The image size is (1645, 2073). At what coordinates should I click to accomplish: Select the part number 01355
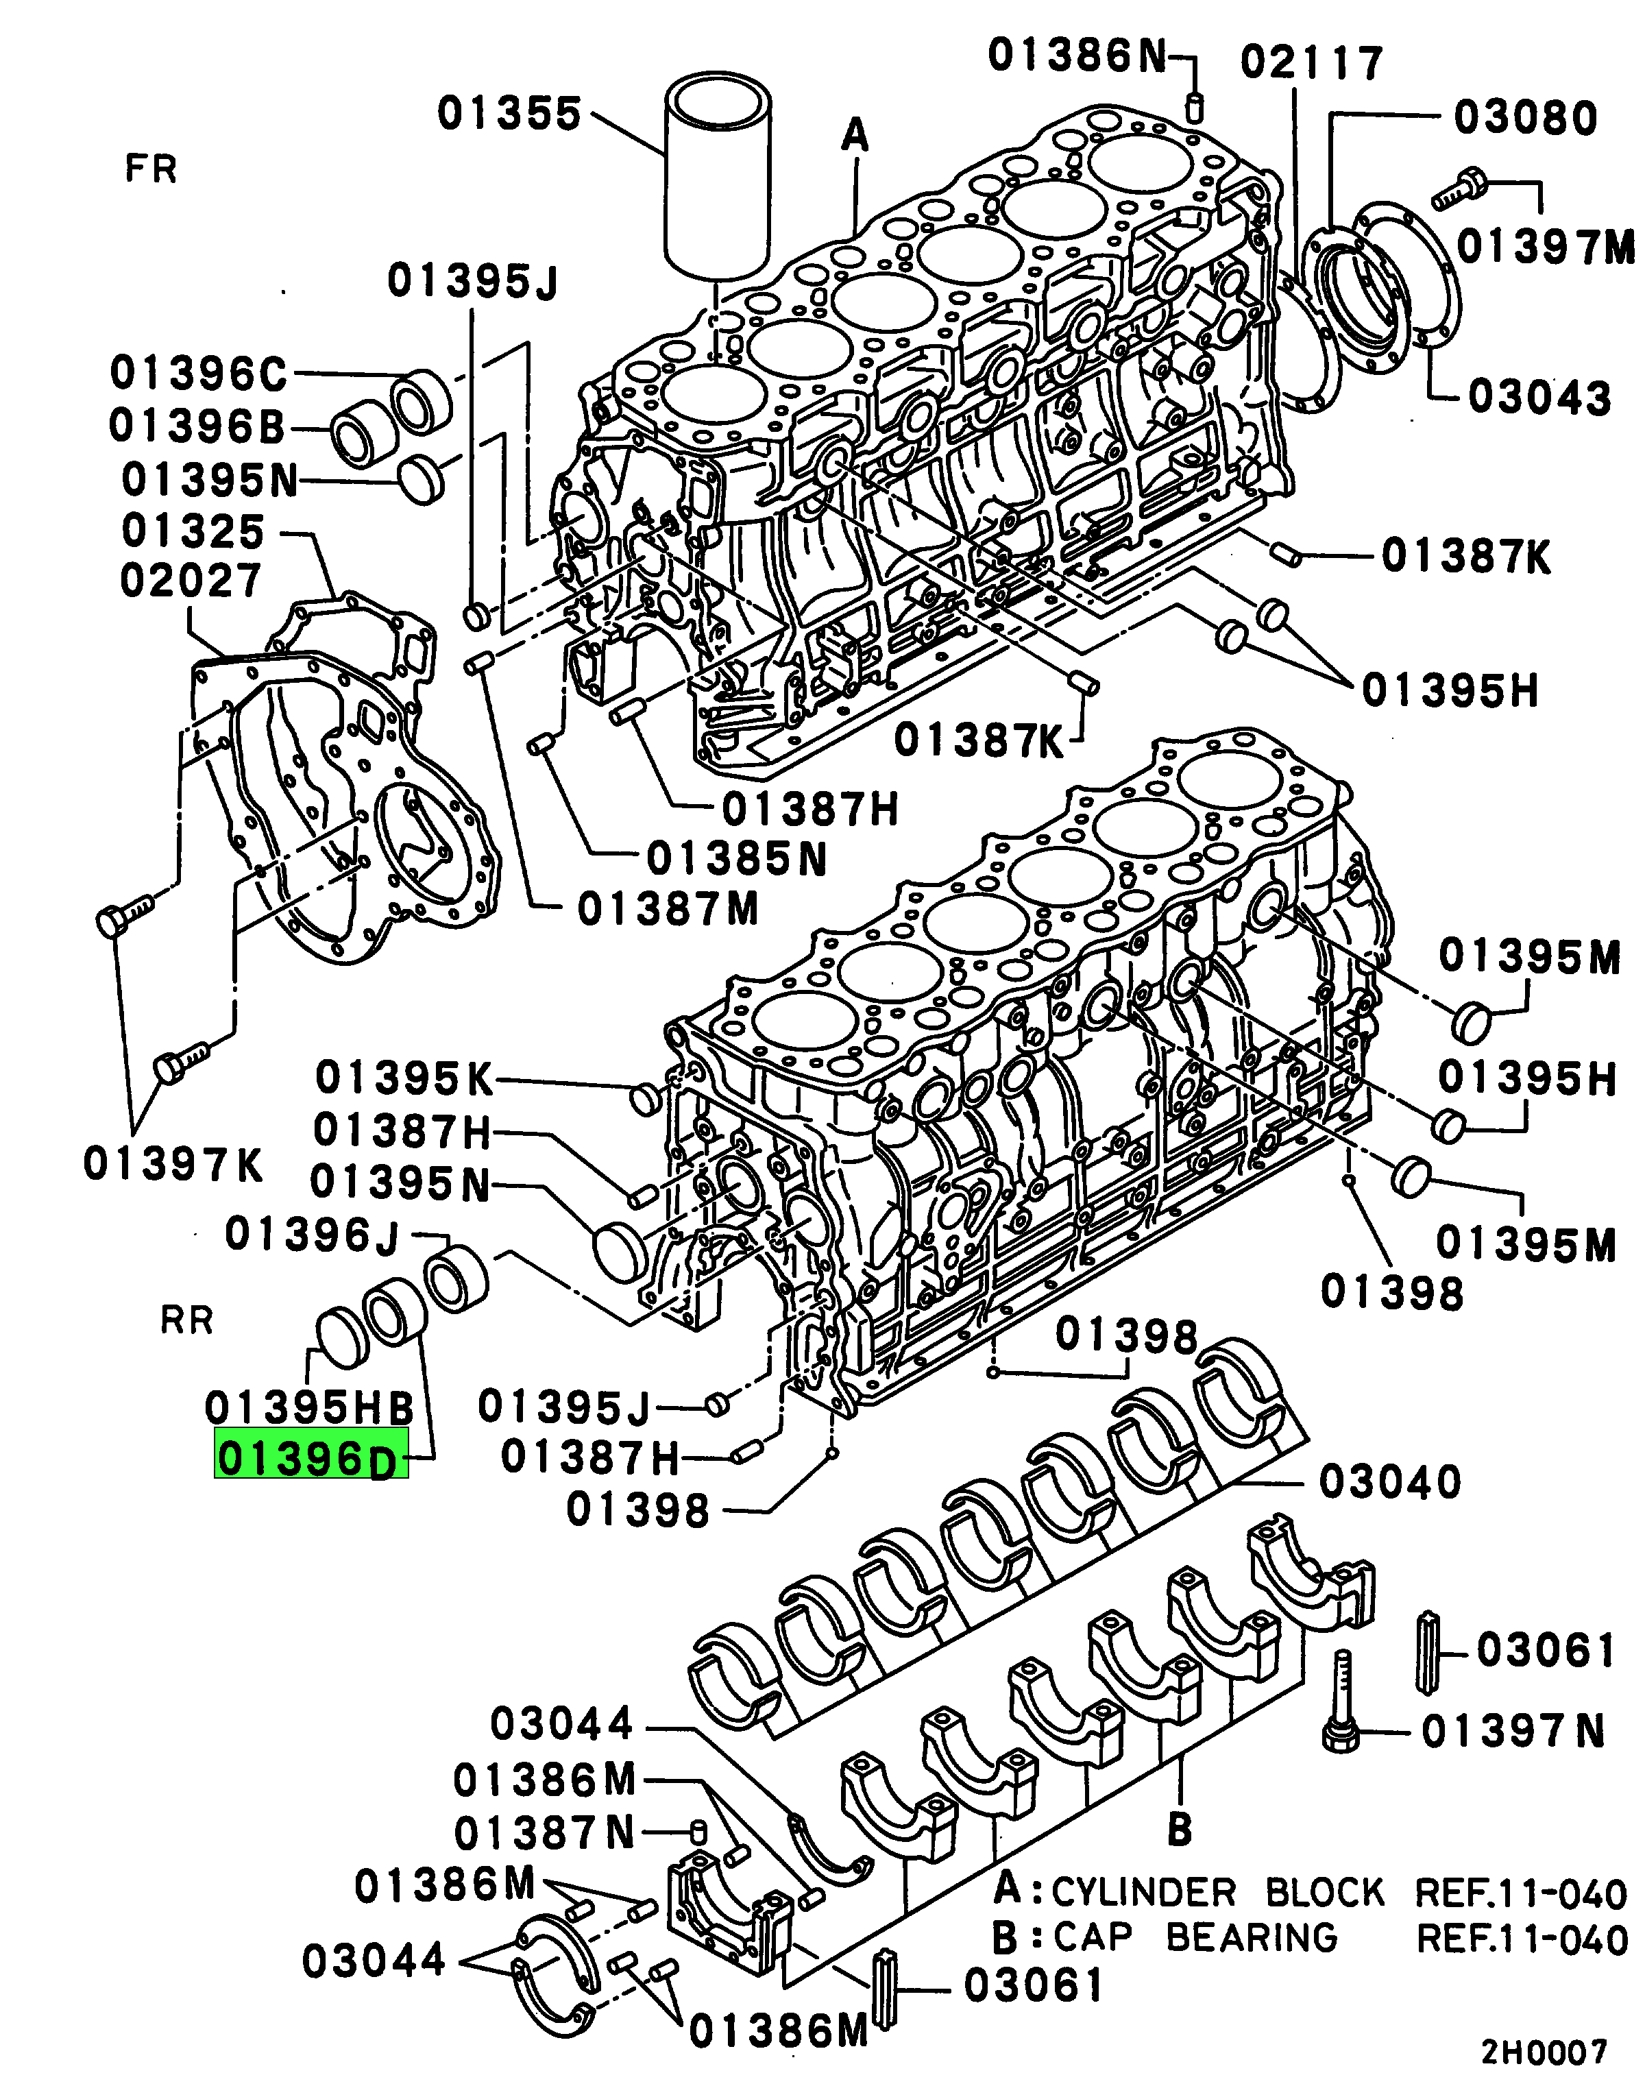coord(509,114)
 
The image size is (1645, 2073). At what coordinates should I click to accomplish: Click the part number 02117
coord(1311,62)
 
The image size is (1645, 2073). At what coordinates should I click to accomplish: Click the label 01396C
coord(198,373)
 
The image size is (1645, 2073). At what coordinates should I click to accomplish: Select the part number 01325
coord(193,531)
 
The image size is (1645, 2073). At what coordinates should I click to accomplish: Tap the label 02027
coord(191,580)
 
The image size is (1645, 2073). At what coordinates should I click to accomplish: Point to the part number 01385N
coord(736,859)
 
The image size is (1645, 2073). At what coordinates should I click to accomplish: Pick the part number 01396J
coord(311,1235)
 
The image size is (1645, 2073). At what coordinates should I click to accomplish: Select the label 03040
coord(1390,1481)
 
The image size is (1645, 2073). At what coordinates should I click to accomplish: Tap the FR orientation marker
coord(151,169)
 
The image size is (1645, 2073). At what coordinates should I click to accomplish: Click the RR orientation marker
coord(186,1320)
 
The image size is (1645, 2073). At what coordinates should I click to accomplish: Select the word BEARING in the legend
coord(1252,1937)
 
